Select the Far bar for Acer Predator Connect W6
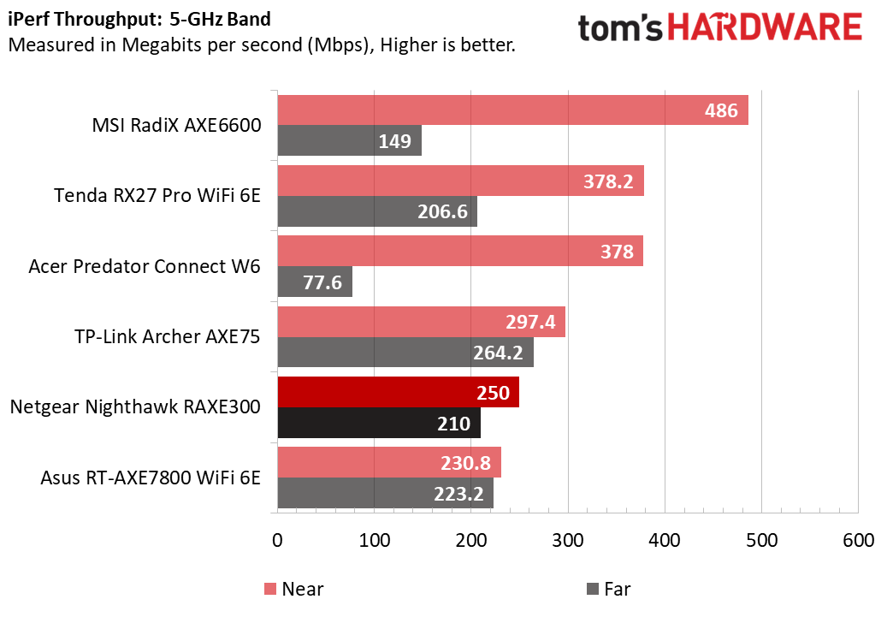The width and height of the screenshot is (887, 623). (x=314, y=282)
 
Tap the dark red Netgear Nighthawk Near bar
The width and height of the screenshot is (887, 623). (x=397, y=392)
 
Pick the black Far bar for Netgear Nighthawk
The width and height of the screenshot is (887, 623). (x=378, y=423)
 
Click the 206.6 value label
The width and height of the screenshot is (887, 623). (x=443, y=211)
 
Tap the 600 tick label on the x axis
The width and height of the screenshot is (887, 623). (x=858, y=541)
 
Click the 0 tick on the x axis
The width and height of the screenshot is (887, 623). (x=277, y=541)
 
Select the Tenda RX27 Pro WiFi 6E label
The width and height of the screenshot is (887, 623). (x=157, y=196)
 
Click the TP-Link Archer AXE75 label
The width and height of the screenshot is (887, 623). (x=167, y=336)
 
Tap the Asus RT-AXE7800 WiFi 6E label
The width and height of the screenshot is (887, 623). (x=150, y=477)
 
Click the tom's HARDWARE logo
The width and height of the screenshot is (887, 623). (x=719, y=28)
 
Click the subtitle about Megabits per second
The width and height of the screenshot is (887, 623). (x=262, y=44)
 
